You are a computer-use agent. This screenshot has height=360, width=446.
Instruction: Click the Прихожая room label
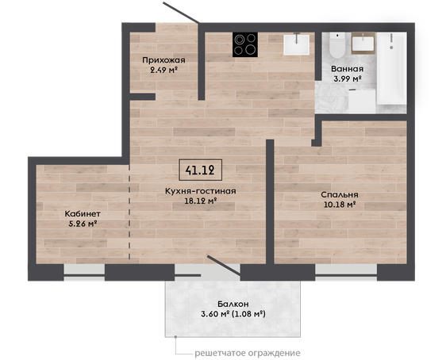coord(163,60)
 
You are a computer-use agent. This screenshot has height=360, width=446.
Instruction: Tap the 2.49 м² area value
coord(163,70)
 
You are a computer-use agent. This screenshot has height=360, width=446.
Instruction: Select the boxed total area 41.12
coord(200,170)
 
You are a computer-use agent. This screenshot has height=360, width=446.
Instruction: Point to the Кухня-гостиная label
coord(200,191)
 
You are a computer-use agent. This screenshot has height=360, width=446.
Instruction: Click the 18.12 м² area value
coord(201,201)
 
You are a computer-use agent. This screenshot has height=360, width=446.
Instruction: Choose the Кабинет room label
coord(83,213)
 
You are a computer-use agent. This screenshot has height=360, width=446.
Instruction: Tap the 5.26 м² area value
coord(83,224)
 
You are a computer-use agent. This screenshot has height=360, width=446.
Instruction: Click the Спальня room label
coord(340,194)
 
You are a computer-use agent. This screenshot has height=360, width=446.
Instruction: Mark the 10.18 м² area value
coord(340,205)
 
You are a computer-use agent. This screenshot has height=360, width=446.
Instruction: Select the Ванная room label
coord(348,69)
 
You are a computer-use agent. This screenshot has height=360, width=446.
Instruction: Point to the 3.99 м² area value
coord(348,79)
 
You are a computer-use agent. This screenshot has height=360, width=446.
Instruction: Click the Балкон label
coord(233,304)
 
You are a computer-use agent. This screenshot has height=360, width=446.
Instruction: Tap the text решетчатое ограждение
coord(247,353)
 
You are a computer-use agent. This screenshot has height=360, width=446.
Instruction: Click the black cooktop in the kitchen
coord(245,44)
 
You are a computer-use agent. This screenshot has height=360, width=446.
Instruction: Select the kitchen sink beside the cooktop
coord(296,44)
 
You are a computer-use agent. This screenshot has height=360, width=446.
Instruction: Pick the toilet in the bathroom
coord(337,45)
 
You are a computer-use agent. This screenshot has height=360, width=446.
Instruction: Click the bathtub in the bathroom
coord(391,68)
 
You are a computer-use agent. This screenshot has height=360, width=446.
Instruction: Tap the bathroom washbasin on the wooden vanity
coord(363,43)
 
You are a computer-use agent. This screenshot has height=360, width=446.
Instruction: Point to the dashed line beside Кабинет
coord(129,212)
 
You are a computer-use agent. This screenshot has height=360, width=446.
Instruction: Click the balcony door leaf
coord(224,266)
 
